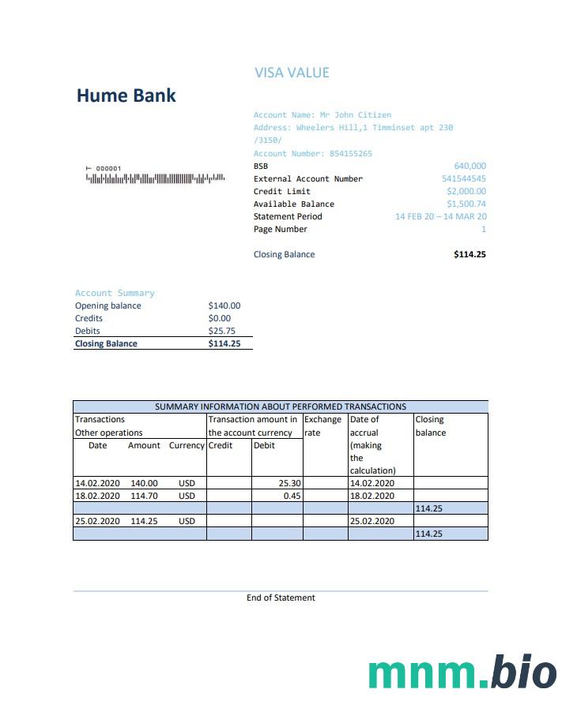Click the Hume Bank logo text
(126, 96)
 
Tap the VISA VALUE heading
(292, 73)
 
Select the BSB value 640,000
(470, 166)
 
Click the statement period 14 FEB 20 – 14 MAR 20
(440, 216)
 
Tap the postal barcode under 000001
(156, 178)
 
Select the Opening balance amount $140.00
(224, 305)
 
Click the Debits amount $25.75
(221, 331)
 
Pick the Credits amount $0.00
(219, 318)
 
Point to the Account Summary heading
(115, 293)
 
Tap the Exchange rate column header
(322, 425)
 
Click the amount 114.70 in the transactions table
(144, 496)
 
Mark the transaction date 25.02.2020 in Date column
(97, 521)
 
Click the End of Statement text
(281, 598)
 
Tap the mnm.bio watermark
(462, 672)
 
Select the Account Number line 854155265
(312, 153)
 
